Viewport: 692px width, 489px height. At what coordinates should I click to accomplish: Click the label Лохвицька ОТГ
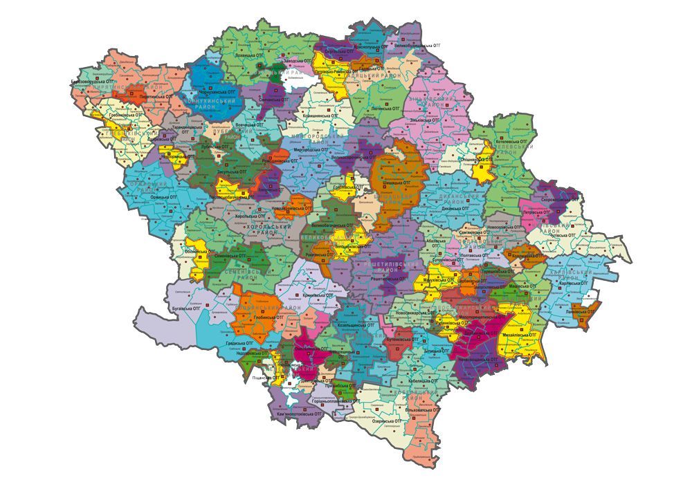251,53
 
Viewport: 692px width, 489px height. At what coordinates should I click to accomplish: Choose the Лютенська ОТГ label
386,109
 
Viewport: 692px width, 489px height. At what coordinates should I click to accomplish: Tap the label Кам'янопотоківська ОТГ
300,414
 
